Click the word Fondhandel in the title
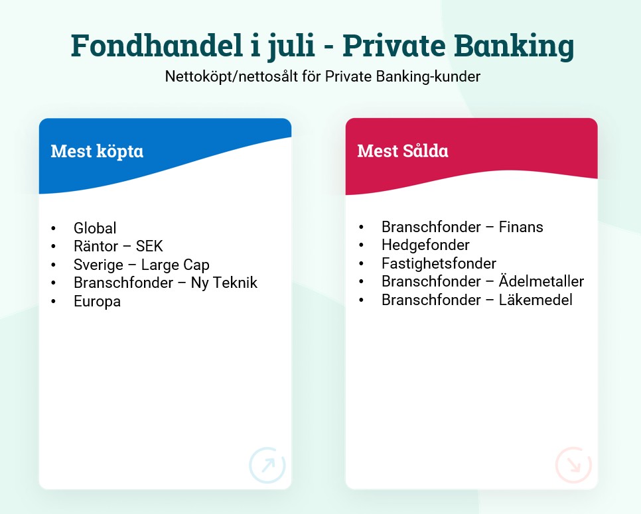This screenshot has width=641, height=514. coord(157,45)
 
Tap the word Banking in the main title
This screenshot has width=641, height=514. coord(514,46)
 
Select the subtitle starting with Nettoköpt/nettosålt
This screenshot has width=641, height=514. coord(322,76)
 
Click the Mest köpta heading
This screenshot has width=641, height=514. coord(97,151)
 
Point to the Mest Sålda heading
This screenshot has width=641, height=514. coord(403,151)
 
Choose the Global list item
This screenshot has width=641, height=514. coord(95,228)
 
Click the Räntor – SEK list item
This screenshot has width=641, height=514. coord(118,246)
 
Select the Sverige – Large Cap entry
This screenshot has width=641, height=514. coord(141,265)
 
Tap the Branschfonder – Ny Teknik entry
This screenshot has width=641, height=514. coord(166,283)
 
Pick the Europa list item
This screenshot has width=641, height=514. coord(98,302)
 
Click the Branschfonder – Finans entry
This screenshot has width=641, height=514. coord(463,227)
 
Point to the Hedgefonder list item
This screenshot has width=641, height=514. coord(425,245)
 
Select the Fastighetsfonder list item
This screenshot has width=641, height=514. coord(439,263)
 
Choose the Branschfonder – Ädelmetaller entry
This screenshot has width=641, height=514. coord(483,281)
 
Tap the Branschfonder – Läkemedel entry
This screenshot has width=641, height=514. coord(477,300)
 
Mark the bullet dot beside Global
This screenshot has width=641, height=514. coord(54,228)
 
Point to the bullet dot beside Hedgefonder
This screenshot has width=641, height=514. coord(361,245)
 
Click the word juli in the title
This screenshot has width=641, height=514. coord(291,46)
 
